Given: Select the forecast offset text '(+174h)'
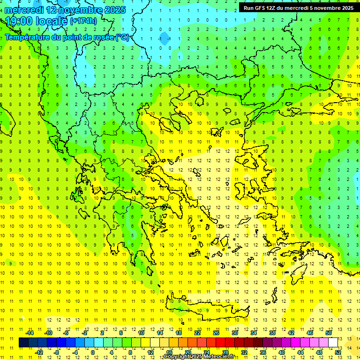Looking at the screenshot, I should pyautogui.click(x=83, y=21).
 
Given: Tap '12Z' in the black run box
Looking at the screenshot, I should pyautogui.click(x=270, y=8).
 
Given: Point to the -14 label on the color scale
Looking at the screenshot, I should pyautogui.click(x=29, y=333).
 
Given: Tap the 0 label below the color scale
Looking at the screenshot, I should pyautogui.click(x=93, y=352).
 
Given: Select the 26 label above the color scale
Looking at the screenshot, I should pyautogui.click(x=216, y=333).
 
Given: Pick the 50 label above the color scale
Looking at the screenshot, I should pyautogui.click(x=329, y=333).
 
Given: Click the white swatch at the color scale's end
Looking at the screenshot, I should pyautogui.click(x=333, y=342).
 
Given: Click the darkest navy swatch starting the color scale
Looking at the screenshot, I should pyautogui.click(x=23, y=342).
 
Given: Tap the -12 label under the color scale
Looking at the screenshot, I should pyautogui.click(x=39, y=352).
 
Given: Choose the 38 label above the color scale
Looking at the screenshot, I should pyautogui.click(x=272, y=333).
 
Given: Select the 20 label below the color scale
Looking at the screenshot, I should pyautogui.click(x=187, y=352).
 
